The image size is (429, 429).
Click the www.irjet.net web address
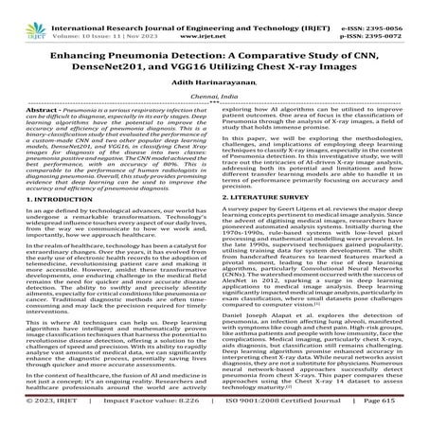click(x=213, y=18)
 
